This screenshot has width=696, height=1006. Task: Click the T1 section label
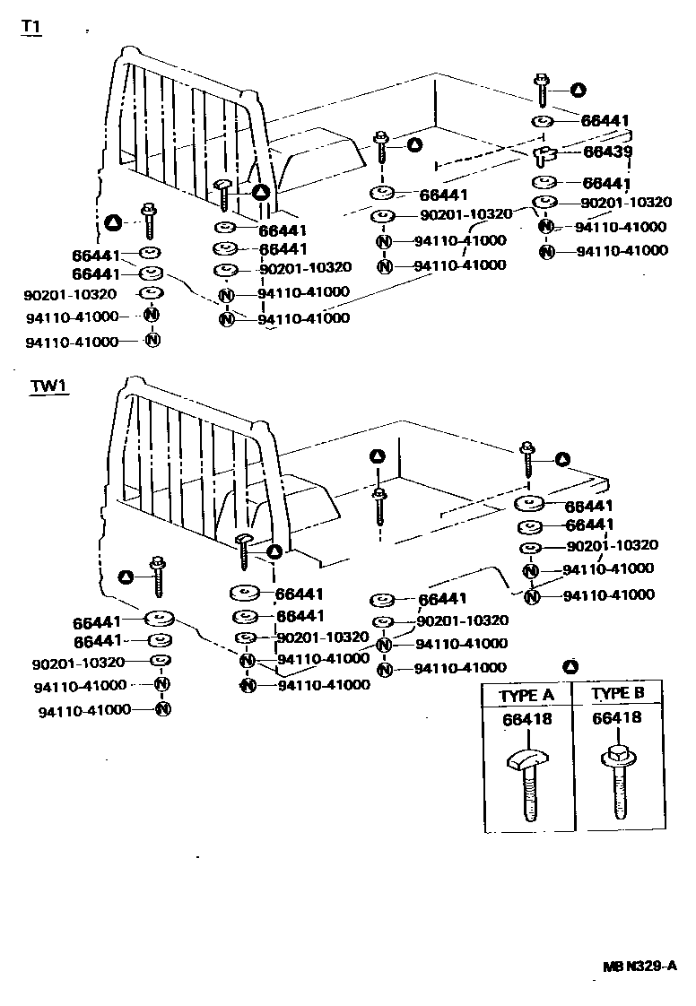30,27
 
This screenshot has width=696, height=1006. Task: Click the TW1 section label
49,386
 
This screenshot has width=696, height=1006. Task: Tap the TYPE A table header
526,695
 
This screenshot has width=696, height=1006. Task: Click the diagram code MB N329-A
638,967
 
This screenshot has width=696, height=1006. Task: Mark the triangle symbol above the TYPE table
570,666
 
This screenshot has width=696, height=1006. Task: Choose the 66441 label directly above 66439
605,120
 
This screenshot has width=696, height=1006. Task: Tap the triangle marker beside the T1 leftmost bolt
112,221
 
